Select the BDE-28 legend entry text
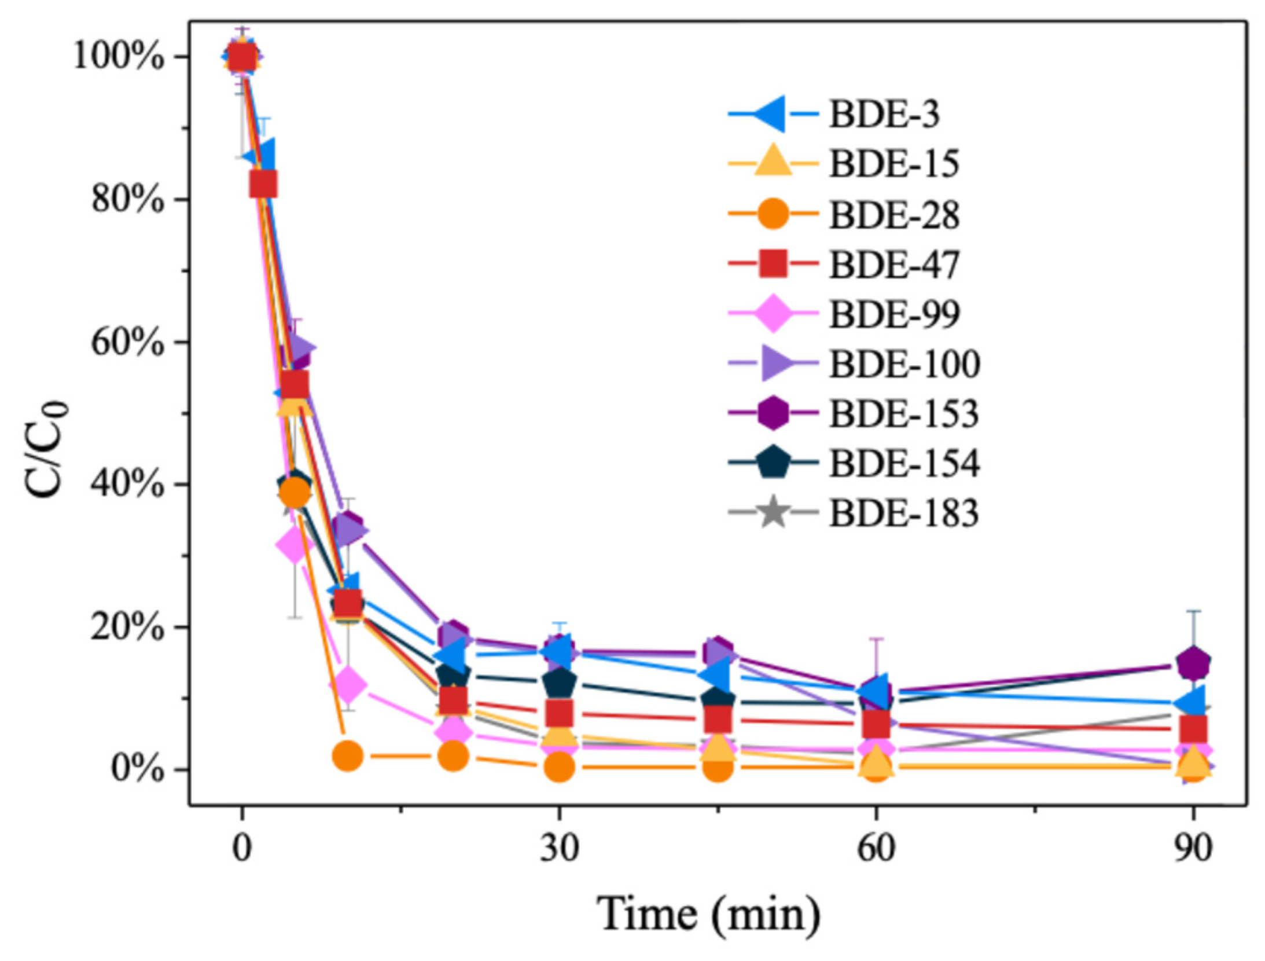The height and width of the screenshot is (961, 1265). click(894, 215)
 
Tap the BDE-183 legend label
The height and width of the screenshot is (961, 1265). click(904, 513)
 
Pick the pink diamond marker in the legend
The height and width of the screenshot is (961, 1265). click(774, 314)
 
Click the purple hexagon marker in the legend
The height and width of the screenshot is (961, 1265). click(774, 413)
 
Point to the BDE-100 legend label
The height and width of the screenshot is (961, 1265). click(904, 364)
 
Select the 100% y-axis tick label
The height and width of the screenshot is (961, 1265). click(119, 57)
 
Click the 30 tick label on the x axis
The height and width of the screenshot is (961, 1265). click(558, 849)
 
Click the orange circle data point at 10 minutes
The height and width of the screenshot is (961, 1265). click(348, 755)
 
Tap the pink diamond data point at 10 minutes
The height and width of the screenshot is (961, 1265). click(348, 685)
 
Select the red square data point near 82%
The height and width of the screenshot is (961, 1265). click(263, 185)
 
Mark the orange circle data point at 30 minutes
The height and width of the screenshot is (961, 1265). click(559, 767)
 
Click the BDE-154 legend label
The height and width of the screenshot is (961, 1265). click(904, 463)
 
